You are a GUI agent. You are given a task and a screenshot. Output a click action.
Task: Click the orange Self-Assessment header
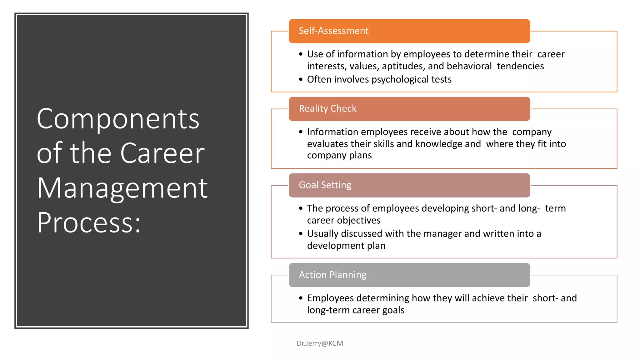click(409, 31)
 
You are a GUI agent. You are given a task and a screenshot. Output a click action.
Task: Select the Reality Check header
click(409, 109)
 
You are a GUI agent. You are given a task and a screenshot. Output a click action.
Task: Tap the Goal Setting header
click(409, 185)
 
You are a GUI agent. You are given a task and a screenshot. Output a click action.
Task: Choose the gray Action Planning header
click(409, 275)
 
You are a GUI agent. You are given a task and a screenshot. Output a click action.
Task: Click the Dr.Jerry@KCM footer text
click(320, 343)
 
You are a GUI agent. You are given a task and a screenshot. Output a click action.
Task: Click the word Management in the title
click(122, 188)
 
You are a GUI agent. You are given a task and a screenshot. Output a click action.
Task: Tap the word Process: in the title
click(89, 223)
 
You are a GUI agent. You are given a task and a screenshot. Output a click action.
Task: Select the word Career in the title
click(162, 153)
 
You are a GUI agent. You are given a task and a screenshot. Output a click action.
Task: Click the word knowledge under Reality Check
click(439, 144)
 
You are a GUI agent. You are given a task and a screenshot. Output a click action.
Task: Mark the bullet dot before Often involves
click(301, 80)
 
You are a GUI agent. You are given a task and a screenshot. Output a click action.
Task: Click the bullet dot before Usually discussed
click(301, 234)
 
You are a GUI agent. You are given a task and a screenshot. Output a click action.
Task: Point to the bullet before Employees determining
click(301, 298)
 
